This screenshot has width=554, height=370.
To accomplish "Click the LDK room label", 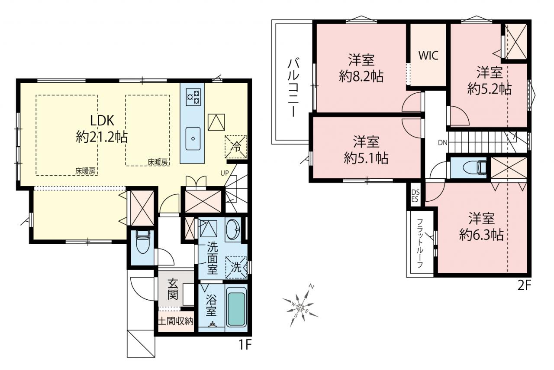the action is point(102,121).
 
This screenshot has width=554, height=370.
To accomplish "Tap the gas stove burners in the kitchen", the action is point(193,97).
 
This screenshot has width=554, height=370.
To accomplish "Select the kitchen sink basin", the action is point(193,139).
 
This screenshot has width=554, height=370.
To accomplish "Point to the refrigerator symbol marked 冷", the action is point(235,147).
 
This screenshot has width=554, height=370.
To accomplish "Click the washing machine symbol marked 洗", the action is point(236,267).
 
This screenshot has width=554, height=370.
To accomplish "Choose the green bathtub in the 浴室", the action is point(236,309).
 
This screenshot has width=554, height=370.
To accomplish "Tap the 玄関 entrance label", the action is point(173,289).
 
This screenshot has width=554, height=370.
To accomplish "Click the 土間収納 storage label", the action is point(176,321).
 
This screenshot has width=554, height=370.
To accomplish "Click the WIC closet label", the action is point(428,56).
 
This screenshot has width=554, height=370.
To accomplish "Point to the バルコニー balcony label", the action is point(293,87).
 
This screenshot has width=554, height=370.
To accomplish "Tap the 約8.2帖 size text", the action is point(361,76).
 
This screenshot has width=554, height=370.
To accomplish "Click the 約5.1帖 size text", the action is point(366,158).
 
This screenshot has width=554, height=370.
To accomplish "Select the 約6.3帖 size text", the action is point(481,234).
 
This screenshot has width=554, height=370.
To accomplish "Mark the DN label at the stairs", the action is point(442,143).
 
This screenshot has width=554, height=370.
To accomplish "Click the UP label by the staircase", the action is point(225,173).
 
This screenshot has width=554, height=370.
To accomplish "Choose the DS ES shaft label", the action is point(415,196).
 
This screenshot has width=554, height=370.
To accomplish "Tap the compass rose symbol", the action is point(300,307).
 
